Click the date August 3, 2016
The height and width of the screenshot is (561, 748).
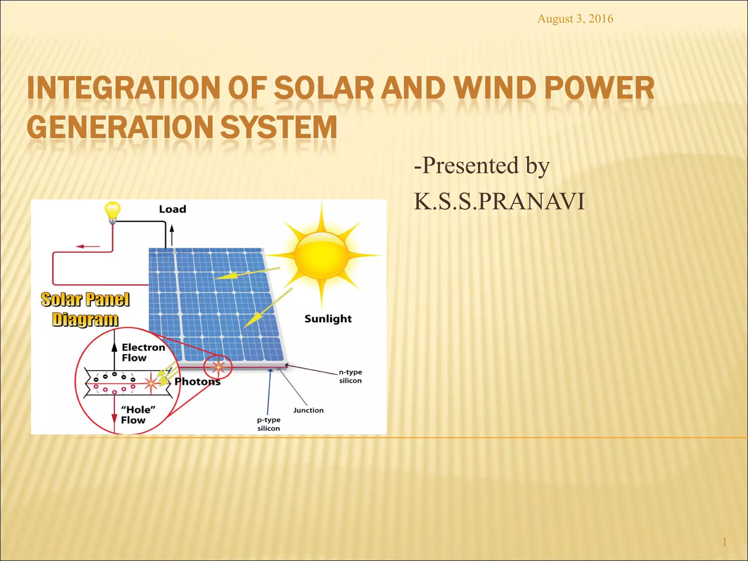[x=575, y=19]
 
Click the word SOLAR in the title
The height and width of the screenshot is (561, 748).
[x=324, y=88]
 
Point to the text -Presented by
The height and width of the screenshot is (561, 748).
[x=481, y=165]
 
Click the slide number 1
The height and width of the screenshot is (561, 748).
[x=724, y=542]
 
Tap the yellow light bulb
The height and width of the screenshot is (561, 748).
[x=112, y=211]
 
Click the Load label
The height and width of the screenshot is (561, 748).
[x=172, y=209]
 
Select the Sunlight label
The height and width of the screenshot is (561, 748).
[x=328, y=319]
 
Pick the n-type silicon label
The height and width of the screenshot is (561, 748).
[x=350, y=376]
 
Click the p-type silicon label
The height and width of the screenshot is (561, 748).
[x=268, y=424]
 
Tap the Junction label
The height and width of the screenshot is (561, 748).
[x=308, y=410]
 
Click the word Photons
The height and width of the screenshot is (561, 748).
[x=197, y=382]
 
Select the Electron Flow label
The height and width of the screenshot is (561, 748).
[x=142, y=352]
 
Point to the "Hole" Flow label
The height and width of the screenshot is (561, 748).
[x=137, y=415]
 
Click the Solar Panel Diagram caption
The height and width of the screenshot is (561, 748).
[x=85, y=309]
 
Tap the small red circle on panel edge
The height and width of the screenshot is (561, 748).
[x=218, y=367]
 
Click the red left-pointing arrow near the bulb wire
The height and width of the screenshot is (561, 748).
[x=88, y=247]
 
